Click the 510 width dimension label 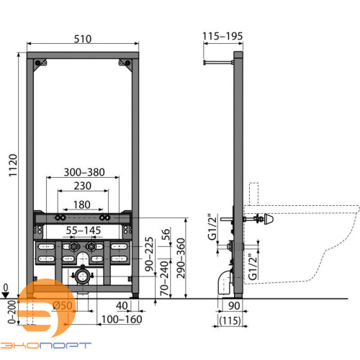(83, 39)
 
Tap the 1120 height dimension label (13, 166)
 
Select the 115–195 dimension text (222, 36)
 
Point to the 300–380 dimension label (84, 172)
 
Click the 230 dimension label (83, 186)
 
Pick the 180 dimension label (82, 204)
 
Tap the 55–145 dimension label (84, 230)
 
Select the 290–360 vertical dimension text (181, 258)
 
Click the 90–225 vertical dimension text (149, 254)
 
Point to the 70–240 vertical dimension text (165, 279)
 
